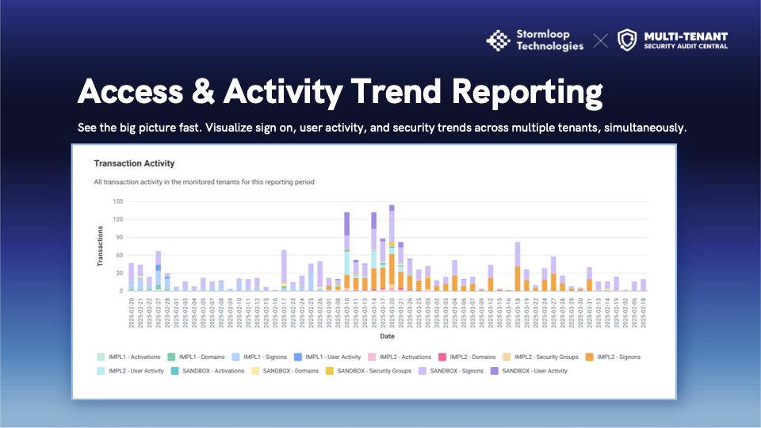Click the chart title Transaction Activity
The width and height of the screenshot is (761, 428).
[134, 163]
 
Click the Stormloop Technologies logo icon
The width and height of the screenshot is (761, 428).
[498, 40]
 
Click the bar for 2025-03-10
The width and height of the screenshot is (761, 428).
[346, 251]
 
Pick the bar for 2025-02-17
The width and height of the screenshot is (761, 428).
[284, 270]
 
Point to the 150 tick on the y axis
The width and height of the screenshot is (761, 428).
[118, 201]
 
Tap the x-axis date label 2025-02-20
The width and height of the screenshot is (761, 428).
[132, 311]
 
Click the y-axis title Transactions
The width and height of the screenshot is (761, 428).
[101, 246]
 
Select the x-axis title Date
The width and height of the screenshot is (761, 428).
[387, 335]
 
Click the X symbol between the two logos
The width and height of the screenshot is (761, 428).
[601, 40]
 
